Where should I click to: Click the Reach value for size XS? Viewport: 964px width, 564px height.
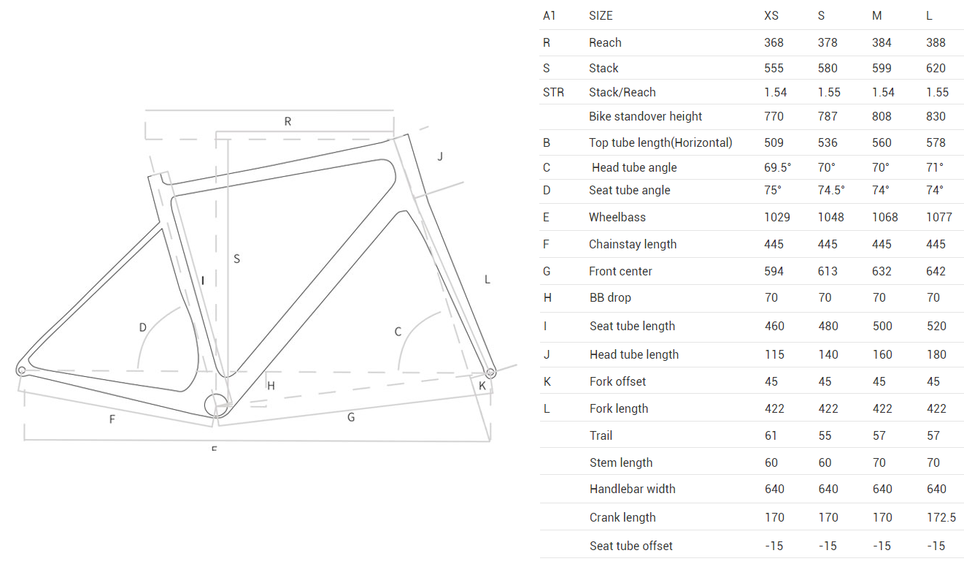(774, 42)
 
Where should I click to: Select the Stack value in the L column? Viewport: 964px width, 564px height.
(936, 68)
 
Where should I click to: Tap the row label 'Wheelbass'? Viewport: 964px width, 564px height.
(617, 217)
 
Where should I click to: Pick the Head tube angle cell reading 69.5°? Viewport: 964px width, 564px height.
(777, 167)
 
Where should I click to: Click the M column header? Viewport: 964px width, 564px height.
(876, 16)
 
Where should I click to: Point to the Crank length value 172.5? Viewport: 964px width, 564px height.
(941, 517)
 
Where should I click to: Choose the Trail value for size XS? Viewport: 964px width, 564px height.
(771, 435)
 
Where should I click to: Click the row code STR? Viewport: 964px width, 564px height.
(553, 92)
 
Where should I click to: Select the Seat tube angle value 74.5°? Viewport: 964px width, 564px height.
(831, 191)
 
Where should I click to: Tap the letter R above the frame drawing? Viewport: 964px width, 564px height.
(288, 121)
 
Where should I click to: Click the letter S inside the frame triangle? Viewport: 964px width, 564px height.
(236, 259)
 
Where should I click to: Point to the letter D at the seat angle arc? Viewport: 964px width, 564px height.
(143, 327)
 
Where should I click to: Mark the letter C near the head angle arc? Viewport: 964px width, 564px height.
(398, 332)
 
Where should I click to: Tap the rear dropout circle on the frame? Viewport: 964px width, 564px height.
(22, 370)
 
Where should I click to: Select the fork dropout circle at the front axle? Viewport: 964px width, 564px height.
(490, 373)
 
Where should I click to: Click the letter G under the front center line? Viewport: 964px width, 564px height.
(351, 417)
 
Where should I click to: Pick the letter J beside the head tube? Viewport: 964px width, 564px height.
(440, 156)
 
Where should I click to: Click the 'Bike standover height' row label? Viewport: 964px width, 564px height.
(645, 116)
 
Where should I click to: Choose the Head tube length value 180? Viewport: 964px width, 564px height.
(936, 354)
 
